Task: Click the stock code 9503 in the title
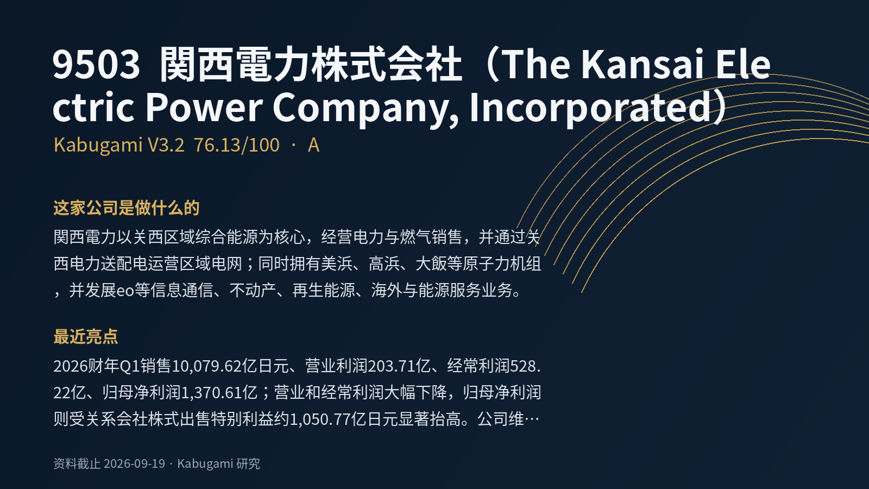(96, 65)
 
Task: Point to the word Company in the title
(366, 109)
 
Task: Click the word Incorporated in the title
(590, 108)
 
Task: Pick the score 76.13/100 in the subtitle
(237, 145)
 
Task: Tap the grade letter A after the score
(313, 145)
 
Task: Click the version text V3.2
(166, 145)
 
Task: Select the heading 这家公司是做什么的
(127, 208)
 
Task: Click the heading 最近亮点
(86, 336)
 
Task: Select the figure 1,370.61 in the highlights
(211, 393)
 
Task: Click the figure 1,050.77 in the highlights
(320, 419)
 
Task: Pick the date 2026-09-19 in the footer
(135, 463)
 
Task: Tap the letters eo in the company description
(125, 291)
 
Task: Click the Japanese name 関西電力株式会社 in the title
(311, 65)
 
